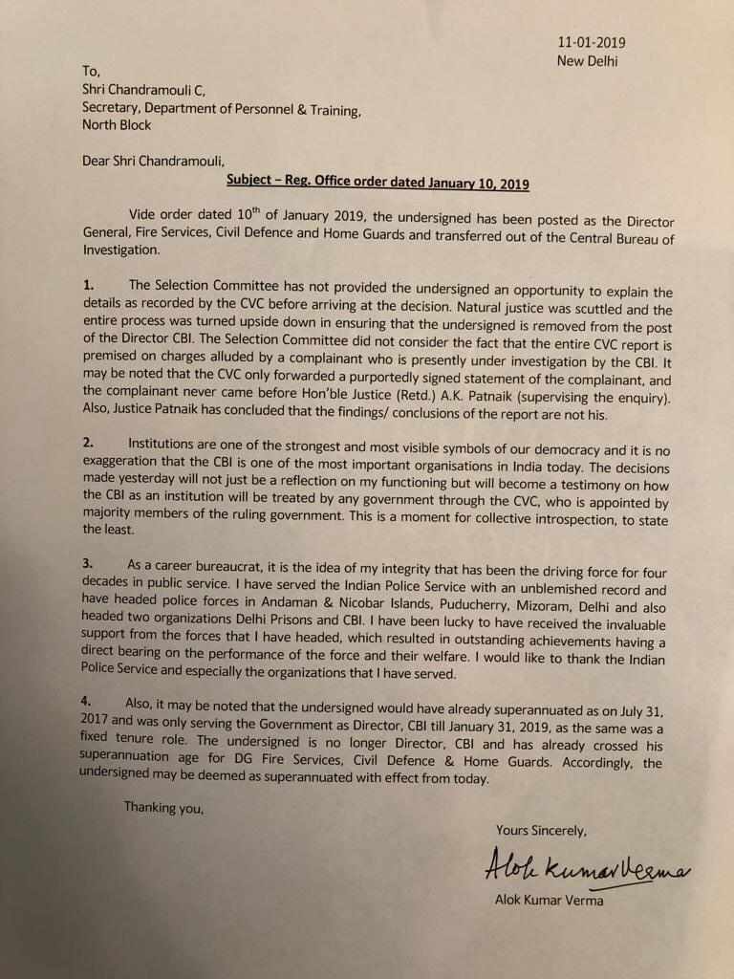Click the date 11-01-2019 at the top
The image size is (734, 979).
click(x=592, y=43)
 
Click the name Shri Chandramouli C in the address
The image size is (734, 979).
click(x=145, y=92)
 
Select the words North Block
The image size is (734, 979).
click(x=117, y=125)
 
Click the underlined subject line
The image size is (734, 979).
click(x=377, y=182)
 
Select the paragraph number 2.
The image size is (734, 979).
click(x=87, y=443)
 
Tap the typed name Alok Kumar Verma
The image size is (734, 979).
click(x=549, y=901)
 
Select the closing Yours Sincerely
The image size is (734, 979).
click(x=541, y=828)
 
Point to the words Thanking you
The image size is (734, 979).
click(x=164, y=808)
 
